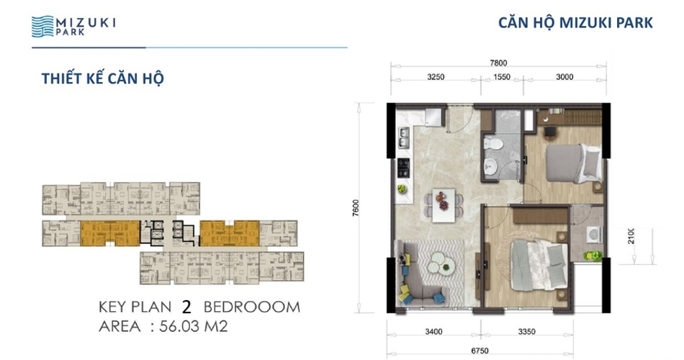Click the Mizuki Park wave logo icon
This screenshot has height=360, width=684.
[x=42, y=27]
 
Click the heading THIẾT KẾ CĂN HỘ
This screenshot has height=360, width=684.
[x=102, y=78]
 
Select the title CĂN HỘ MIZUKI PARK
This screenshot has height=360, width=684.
[x=575, y=23]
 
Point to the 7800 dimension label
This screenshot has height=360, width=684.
[x=498, y=63]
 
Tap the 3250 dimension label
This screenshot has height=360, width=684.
[x=436, y=77]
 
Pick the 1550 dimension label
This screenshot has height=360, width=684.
[x=502, y=77]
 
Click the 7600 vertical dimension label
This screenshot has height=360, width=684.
[x=356, y=207]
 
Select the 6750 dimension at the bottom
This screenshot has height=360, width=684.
[x=480, y=351]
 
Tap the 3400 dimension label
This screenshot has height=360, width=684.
[x=433, y=332]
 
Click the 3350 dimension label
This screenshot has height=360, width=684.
[x=526, y=332]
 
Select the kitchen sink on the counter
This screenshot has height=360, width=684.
[x=404, y=138]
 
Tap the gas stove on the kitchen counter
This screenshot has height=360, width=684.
[x=403, y=168]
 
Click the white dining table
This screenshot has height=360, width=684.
[x=444, y=205]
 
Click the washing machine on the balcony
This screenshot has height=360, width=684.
[x=593, y=234]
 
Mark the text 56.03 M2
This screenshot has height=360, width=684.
[x=193, y=326]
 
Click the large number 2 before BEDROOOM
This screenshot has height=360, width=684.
[x=186, y=307]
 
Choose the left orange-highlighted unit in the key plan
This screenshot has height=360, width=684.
[x=110, y=233]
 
